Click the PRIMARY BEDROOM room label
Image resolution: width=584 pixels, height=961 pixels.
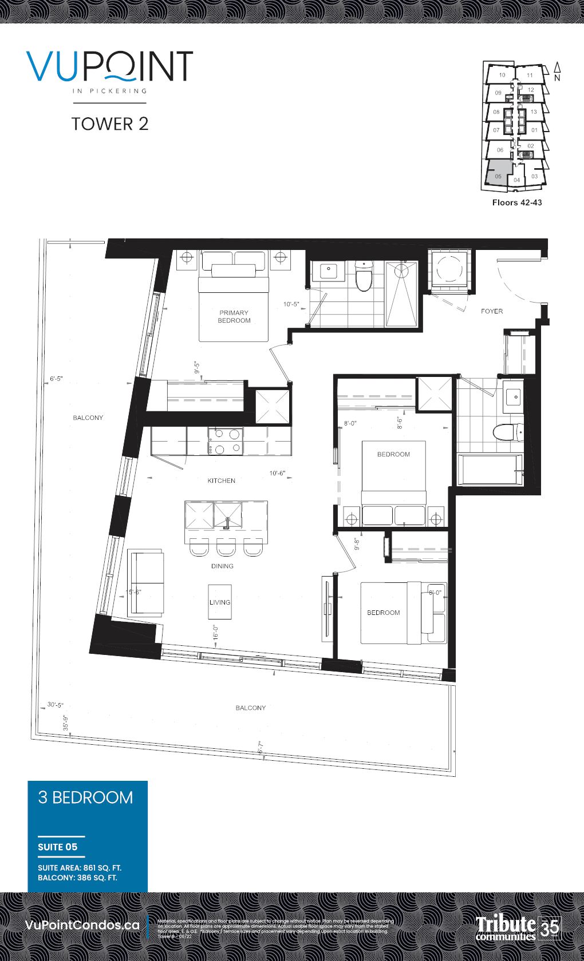click(234, 316)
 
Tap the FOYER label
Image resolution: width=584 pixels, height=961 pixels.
click(491, 311)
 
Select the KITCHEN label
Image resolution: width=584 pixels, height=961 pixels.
click(221, 480)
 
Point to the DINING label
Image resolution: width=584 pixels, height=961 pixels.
click(222, 566)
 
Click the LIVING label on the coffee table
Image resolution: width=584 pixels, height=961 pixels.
click(219, 602)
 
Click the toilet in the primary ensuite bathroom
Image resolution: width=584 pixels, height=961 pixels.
click(364, 277)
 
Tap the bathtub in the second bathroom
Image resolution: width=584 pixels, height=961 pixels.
click(490, 470)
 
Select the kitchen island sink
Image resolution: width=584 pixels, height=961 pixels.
click(227, 515)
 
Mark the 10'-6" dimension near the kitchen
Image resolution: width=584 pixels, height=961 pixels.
click(277, 473)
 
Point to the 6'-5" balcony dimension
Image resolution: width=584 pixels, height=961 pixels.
click(56, 379)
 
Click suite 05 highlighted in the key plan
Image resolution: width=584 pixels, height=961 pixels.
click(498, 175)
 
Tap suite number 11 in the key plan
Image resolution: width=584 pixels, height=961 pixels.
click(530, 75)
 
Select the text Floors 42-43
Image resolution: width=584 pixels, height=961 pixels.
click(516, 202)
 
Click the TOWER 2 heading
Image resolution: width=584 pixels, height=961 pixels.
click(110, 124)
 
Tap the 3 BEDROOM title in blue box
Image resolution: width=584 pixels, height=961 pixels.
click(85, 797)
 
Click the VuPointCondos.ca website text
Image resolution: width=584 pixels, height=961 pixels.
click(82, 925)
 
